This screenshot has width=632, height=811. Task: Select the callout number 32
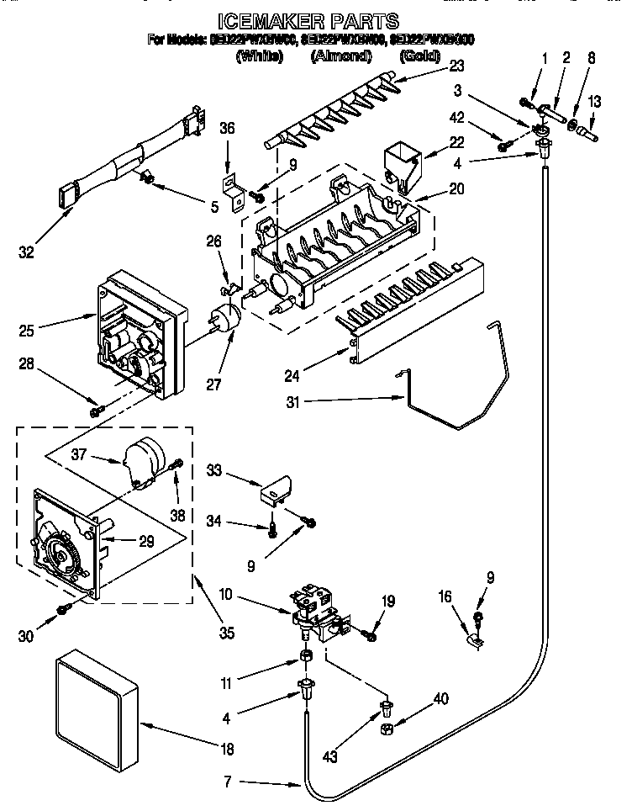point(27,251)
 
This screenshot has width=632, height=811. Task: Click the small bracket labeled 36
point(231,188)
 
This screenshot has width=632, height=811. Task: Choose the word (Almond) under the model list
point(341,56)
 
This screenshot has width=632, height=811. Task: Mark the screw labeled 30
point(61,609)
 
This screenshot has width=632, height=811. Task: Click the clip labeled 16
point(474,643)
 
